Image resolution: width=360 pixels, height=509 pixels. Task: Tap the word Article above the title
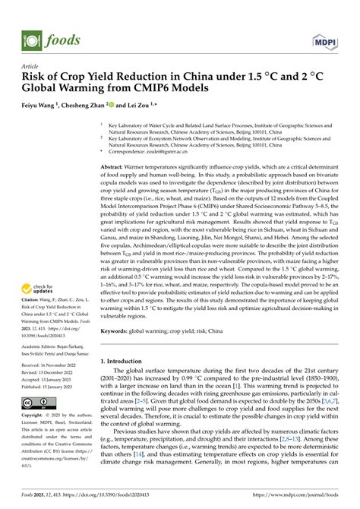[x=34, y=66]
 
